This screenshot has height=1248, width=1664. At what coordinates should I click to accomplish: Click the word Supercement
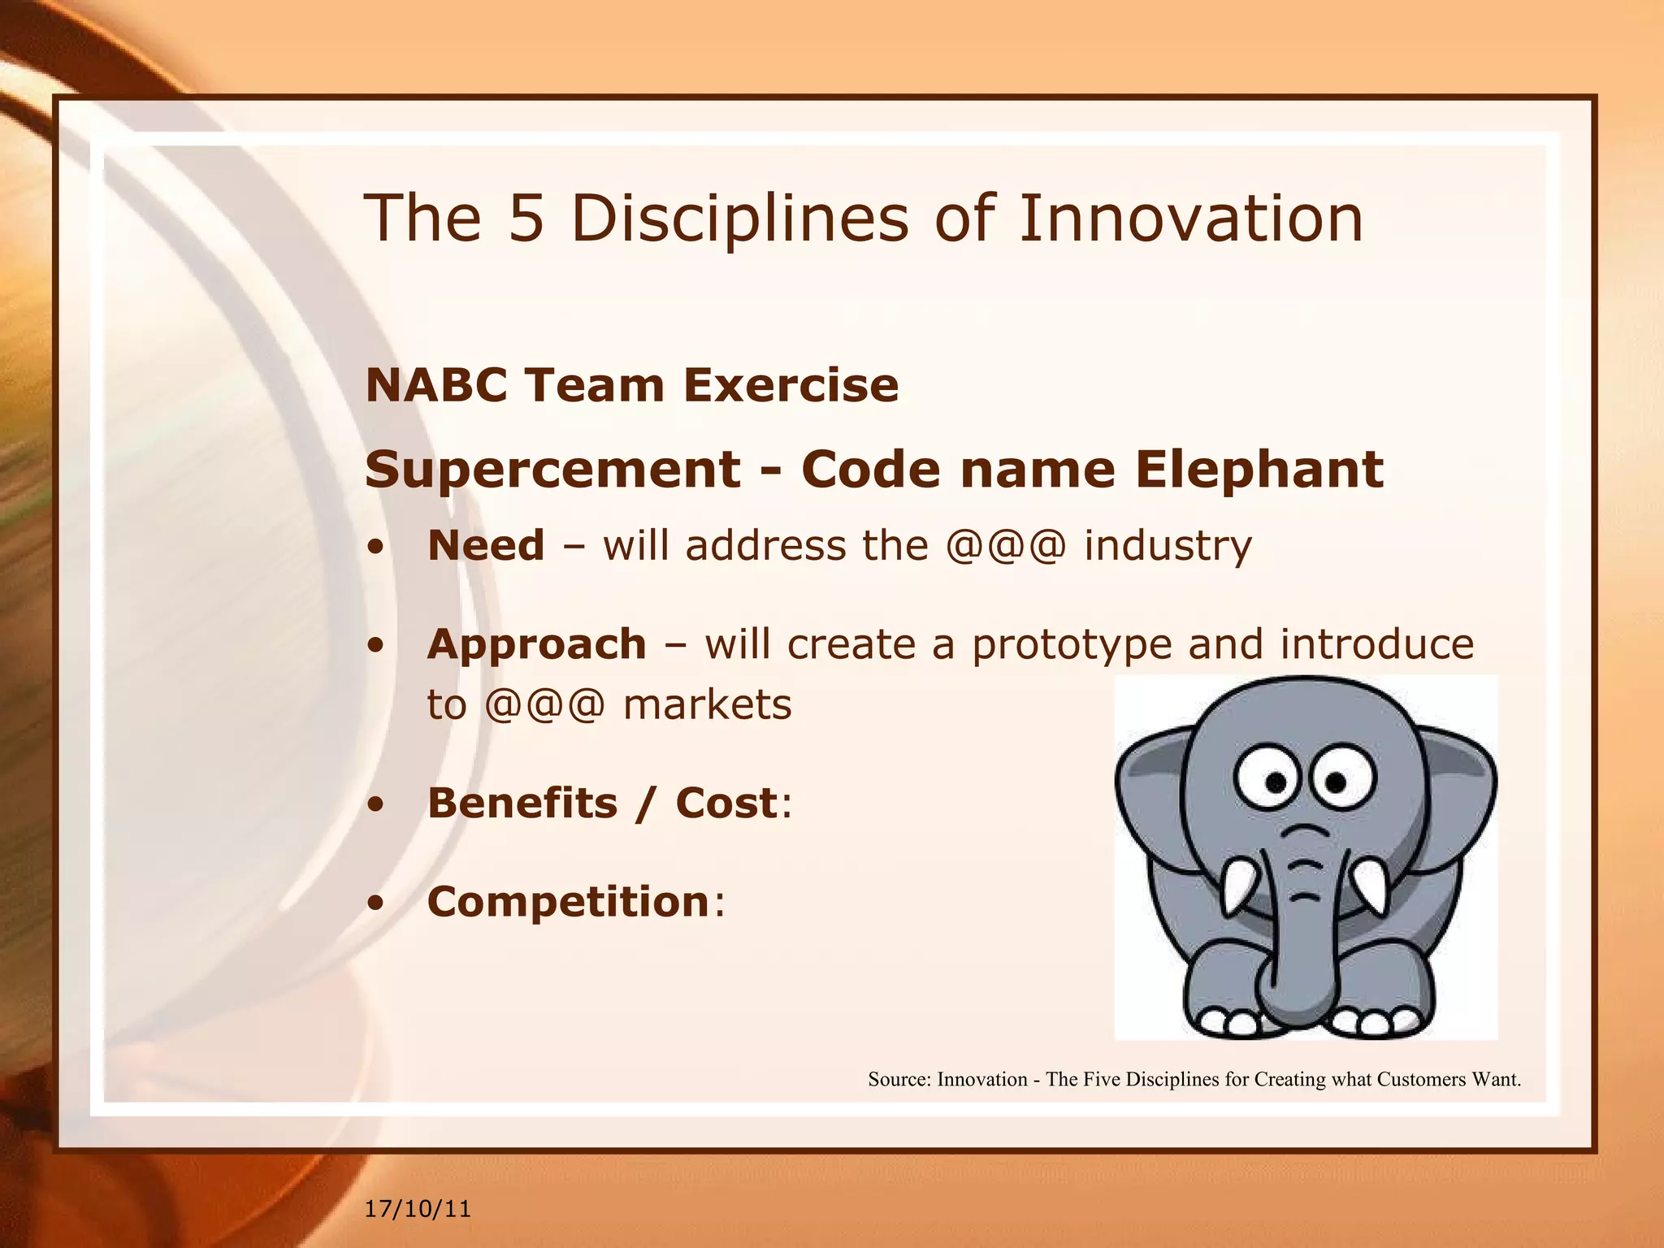click(x=552, y=470)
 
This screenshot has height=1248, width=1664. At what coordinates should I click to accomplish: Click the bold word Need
click(x=486, y=545)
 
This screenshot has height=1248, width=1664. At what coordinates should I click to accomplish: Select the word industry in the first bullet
click(x=1168, y=546)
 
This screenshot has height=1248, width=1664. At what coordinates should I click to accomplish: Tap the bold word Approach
click(x=536, y=644)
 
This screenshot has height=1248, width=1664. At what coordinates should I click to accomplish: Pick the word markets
click(x=707, y=704)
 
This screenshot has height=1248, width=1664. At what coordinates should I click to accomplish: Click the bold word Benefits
click(x=522, y=803)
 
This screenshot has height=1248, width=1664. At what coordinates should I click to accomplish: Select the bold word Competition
click(x=569, y=902)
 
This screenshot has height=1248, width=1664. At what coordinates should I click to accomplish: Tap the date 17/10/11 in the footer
click(x=418, y=1209)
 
